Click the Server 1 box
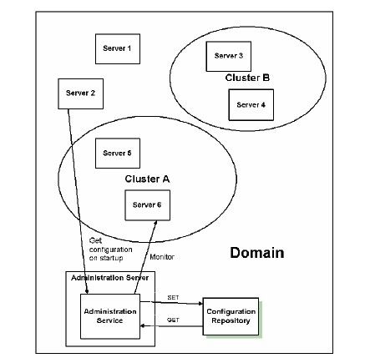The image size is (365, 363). click(x=118, y=49)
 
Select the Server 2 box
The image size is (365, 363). click(x=80, y=93)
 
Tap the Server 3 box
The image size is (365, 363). click(x=228, y=57)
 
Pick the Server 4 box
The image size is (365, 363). click(x=251, y=105)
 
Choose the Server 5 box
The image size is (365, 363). click(x=118, y=154)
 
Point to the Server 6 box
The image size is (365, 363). click(x=147, y=205)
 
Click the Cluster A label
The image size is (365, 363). click(x=147, y=179)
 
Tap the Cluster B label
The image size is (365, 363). click(x=247, y=78)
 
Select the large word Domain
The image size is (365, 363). click(x=257, y=253)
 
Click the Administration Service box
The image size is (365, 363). click(x=110, y=316)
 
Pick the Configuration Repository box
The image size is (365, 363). click(x=231, y=316)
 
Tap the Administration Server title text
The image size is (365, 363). click(x=109, y=278)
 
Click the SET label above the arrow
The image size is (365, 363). click(x=173, y=298)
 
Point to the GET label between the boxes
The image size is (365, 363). click(x=173, y=320)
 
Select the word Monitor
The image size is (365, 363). click(x=162, y=257)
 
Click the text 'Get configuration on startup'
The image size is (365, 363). click(x=110, y=250)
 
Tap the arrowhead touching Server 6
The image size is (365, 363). click(x=155, y=223)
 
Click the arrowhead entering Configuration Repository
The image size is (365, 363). click(x=200, y=304)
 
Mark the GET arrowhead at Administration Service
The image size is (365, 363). click(x=143, y=325)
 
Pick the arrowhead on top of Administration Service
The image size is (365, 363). click(x=87, y=291)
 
